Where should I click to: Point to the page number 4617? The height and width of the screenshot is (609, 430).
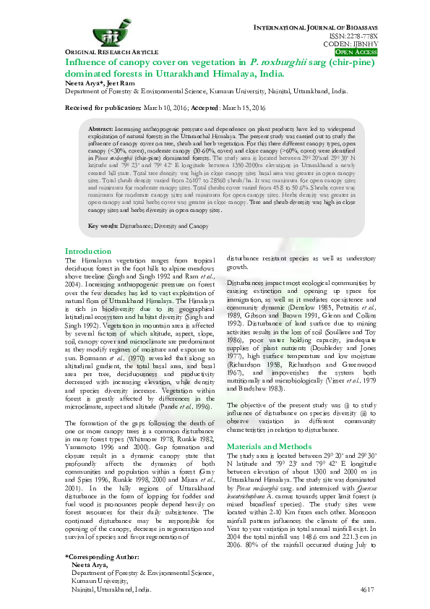[366, 590]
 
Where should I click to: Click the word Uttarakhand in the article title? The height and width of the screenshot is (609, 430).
[194, 74]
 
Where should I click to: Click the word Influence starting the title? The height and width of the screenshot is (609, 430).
[85, 62]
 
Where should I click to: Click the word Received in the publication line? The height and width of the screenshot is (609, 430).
[85, 107]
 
